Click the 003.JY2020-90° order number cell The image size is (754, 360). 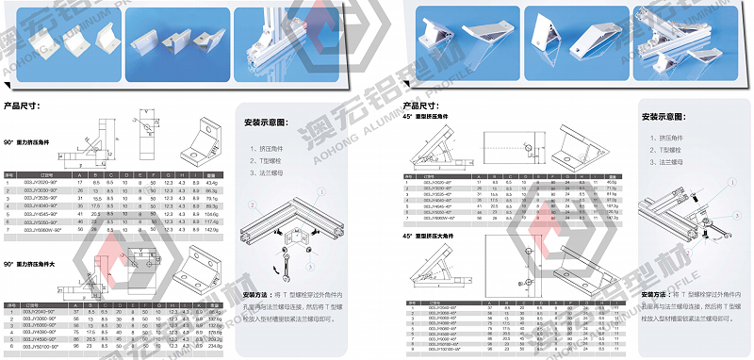[x=39, y=181]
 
